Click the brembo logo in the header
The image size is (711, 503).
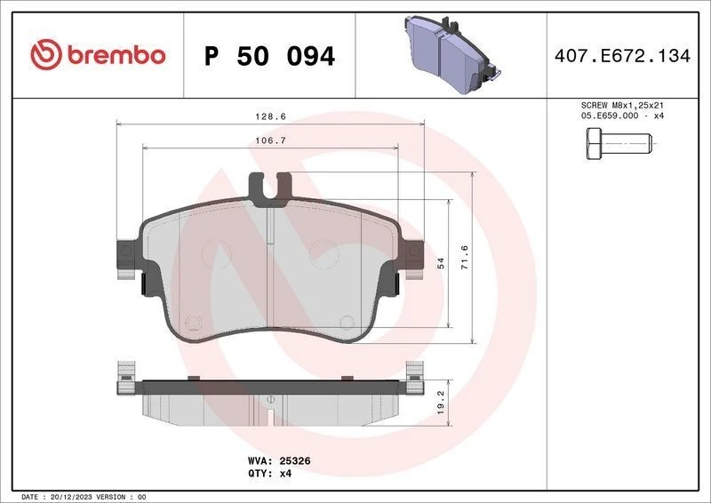coord(98,55)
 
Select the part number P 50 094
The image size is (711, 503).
coord(270,56)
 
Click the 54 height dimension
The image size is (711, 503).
coord(439,264)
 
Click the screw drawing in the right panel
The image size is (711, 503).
coord(618,143)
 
